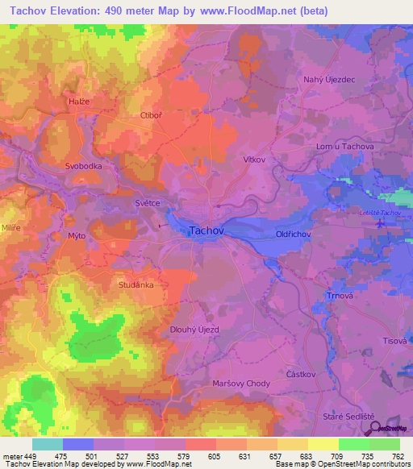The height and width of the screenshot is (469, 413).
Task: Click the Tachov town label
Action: tap(206, 230)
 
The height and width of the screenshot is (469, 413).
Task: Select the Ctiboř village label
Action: tap(152, 115)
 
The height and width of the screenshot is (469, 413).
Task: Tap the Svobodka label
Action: tap(83, 166)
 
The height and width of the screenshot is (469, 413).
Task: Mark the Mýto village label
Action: tap(77, 235)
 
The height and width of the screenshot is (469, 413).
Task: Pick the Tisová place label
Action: tap(393, 342)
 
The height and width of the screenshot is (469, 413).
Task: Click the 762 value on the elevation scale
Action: tap(396, 456)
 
